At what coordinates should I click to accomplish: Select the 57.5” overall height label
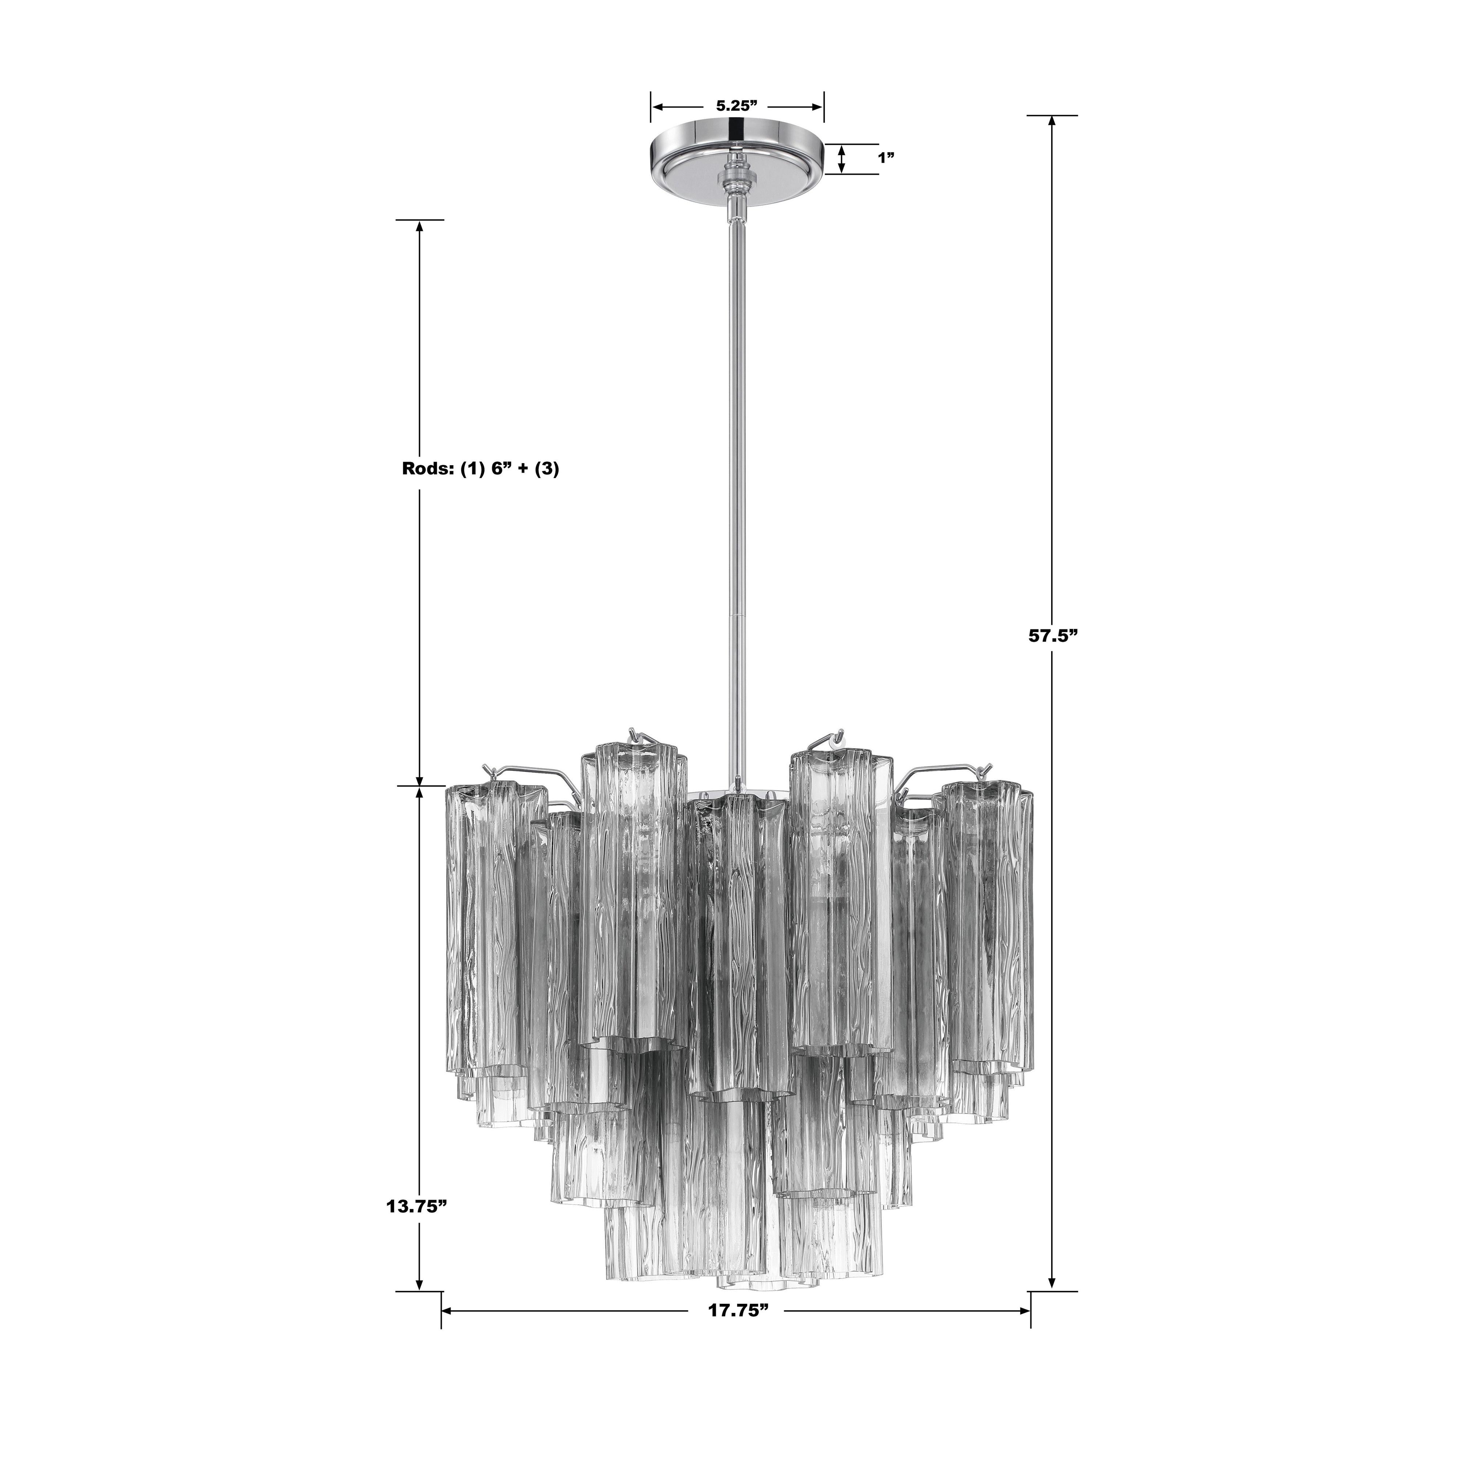point(1051,636)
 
